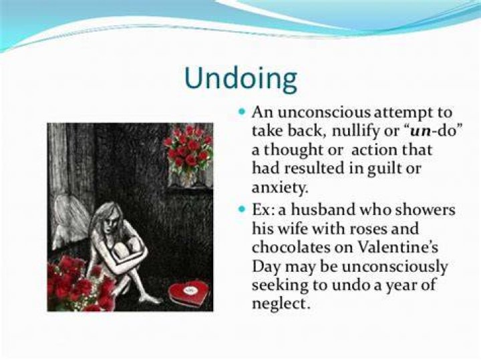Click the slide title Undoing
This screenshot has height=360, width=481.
click(x=240, y=79)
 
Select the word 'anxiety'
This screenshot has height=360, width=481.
click(x=279, y=188)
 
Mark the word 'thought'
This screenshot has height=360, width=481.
click(x=293, y=150)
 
